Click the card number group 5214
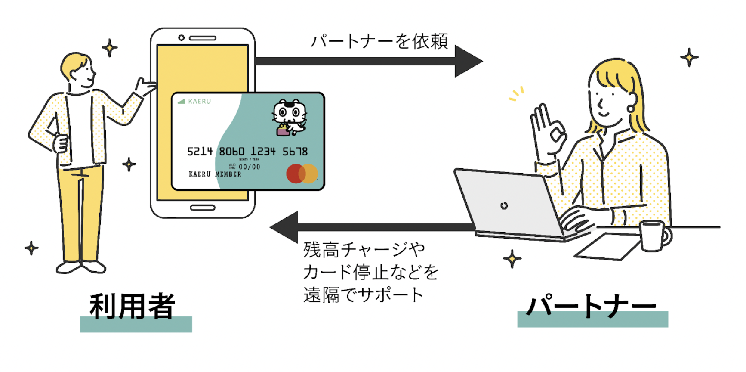point(200,152)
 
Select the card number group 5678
point(295,152)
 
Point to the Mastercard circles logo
point(302,174)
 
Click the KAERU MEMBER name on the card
point(215,174)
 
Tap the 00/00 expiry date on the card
point(250,167)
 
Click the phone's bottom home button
point(202,208)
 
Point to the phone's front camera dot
point(182,38)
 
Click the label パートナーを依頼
point(379,42)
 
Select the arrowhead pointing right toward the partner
point(468,61)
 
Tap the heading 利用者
point(133,307)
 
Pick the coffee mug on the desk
point(653,236)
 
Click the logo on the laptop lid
point(504,206)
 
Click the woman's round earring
point(630,108)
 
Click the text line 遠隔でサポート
point(363,295)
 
